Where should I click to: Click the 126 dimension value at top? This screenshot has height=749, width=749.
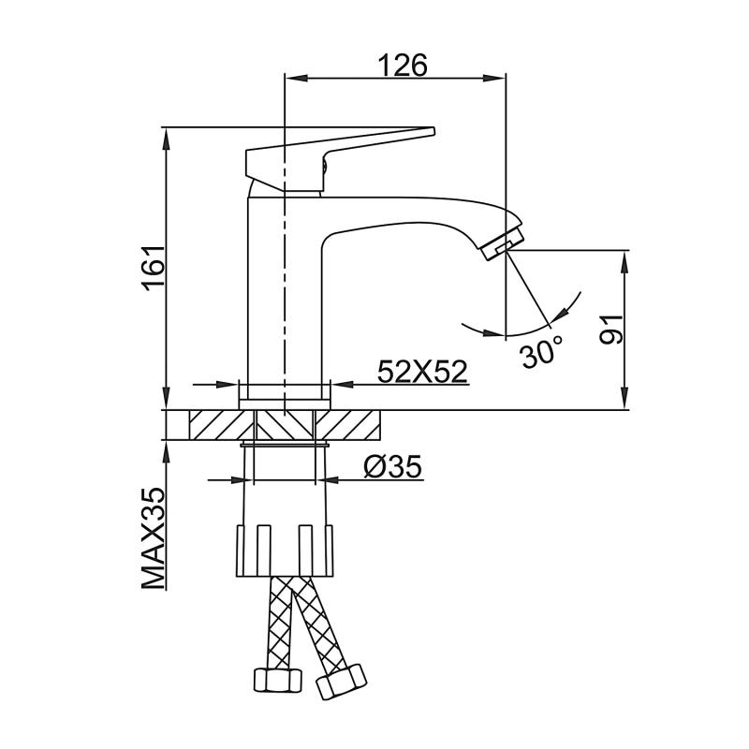click(403, 66)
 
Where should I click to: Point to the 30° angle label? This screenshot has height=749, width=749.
click(542, 353)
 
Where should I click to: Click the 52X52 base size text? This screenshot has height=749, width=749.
click(422, 372)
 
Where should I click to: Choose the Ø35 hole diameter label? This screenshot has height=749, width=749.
click(391, 465)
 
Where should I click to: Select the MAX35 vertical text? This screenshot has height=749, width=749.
click(154, 538)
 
